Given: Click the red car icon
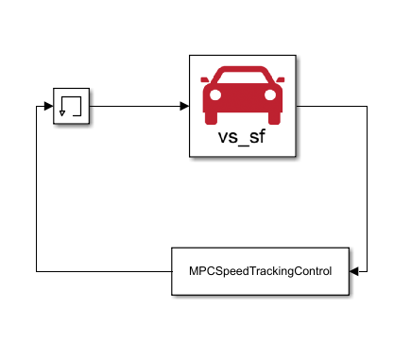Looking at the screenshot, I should click(243, 94).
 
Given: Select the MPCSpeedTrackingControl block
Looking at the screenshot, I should click(260, 271).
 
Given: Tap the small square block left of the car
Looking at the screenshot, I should click(71, 105).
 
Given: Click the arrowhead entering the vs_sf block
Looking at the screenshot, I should click(184, 105).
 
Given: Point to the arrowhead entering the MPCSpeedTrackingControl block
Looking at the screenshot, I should click(352, 271).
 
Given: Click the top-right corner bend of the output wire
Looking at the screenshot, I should click(365, 105).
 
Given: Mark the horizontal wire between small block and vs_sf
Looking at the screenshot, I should click(137, 105).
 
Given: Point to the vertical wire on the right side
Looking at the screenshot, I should click(365, 189).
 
